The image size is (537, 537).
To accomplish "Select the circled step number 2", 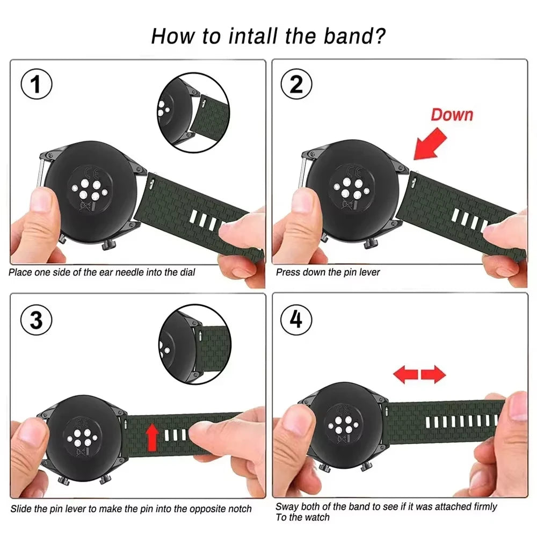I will [x=296, y=84].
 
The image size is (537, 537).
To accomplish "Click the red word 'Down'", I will [x=452, y=114].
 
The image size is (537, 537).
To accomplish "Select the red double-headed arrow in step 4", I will [x=419, y=374].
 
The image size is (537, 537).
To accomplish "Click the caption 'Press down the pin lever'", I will [x=328, y=272].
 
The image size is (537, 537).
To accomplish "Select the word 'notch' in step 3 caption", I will [x=239, y=509].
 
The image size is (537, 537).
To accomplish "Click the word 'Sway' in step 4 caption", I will [x=286, y=506].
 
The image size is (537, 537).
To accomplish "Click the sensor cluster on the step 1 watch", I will [x=87, y=190].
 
